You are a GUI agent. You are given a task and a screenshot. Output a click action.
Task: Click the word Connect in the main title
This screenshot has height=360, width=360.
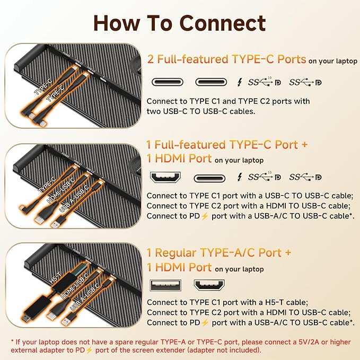pyautogui.click(x=223, y=23)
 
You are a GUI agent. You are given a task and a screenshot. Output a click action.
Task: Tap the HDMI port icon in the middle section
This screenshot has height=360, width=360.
pyautogui.click(x=165, y=177)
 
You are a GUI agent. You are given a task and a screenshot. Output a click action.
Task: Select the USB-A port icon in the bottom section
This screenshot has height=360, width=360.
pyautogui.click(x=165, y=285)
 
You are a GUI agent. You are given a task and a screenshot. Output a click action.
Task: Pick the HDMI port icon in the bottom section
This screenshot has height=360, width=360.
pyautogui.click(x=209, y=285)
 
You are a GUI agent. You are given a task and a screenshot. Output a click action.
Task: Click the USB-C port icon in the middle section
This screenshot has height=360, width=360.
pyautogui.click(x=209, y=178)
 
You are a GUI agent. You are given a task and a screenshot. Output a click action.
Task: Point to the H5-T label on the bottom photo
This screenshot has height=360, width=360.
pyautogui.click(x=55, y=277)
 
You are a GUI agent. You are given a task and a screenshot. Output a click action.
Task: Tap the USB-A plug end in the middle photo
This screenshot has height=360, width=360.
pyautogui.click(x=56, y=223)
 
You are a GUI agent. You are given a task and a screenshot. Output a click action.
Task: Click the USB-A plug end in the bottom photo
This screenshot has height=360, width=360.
pyautogui.click(x=67, y=321)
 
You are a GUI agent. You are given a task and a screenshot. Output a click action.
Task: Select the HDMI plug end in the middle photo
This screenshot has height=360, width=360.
pyautogui.click(x=39, y=218)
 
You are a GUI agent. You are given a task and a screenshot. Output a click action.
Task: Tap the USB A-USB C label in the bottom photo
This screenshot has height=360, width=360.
pyautogui.click(x=84, y=297)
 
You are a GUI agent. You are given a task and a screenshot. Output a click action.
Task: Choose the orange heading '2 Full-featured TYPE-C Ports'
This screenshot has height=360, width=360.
pyautogui.click(x=226, y=59)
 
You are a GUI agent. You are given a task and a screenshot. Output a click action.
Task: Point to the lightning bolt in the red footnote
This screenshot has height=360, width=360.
pyautogui.click(x=89, y=350)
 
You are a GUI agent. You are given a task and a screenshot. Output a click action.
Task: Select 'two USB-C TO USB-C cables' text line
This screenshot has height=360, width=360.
pyautogui.click(x=201, y=111)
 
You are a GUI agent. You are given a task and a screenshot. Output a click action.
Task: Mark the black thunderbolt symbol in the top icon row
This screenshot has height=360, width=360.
pyautogui.click(x=240, y=82)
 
